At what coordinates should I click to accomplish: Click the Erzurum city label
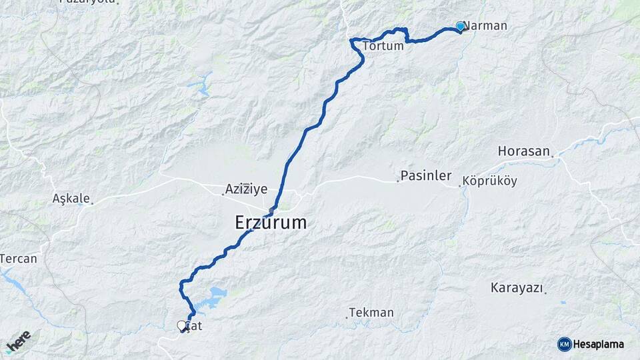click(x=271, y=223)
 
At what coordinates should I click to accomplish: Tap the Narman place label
click(x=487, y=26)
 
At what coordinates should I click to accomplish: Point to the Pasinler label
click(x=426, y=177)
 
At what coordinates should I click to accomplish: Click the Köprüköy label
click(x=489, y=181)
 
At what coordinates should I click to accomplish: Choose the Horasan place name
click(x=524, y=151)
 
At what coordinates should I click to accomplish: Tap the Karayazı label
click(x=516, y=288)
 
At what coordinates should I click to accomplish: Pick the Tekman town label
click(x=372, y=312)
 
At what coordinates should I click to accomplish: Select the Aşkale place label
click(x=70, y=198)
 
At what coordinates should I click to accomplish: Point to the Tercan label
click(x=19, y=258)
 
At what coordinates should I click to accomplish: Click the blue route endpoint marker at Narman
click(x=460, y=26)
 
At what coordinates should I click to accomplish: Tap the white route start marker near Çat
click(x=181, y=325)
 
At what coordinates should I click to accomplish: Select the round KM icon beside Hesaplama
click(x=564, y=344)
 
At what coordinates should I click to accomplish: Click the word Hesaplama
click(x=598, y=344)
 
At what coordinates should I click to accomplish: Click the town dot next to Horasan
click(x=552, y=157)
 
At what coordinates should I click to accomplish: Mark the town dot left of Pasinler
click(x=398, y=181)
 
